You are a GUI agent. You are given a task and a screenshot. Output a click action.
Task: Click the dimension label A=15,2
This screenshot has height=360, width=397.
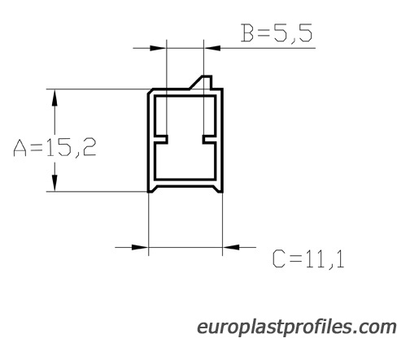point(55,148)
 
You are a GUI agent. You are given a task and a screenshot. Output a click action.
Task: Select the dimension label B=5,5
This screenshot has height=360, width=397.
point(277,33)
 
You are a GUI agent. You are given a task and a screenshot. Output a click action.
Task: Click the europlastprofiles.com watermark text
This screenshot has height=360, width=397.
point(297,327)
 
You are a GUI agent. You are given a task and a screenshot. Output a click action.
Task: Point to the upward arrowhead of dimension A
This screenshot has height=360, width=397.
point(55,98)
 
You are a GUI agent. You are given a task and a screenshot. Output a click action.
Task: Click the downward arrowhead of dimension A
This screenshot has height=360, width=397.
point(55,183)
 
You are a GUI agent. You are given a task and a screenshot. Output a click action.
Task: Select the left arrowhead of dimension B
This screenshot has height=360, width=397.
point(158,48)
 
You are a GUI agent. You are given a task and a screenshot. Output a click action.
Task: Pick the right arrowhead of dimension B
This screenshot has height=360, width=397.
point(212,48)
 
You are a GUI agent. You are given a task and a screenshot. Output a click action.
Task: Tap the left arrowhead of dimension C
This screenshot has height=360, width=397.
point(140,247)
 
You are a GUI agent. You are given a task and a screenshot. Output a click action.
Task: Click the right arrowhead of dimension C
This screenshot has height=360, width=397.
point(231,247)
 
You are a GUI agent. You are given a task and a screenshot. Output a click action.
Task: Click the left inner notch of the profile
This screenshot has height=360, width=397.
point(161,139)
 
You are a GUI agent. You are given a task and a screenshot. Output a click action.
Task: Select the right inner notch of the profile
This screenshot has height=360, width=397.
point(209,139)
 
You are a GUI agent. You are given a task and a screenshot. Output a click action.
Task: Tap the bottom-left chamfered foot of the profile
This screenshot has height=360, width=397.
point(152,189)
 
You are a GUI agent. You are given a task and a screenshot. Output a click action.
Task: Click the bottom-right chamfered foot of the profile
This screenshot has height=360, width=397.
point(218,189)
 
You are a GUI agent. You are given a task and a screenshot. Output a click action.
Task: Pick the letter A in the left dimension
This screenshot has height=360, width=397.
point(20,148)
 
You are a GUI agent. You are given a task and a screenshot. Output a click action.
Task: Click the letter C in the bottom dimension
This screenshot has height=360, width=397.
point(279,259)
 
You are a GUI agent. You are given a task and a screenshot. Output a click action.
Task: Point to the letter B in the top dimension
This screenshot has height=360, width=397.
point(247,33)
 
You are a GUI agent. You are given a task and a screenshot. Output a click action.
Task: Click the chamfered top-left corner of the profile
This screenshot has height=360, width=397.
point(150,91)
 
